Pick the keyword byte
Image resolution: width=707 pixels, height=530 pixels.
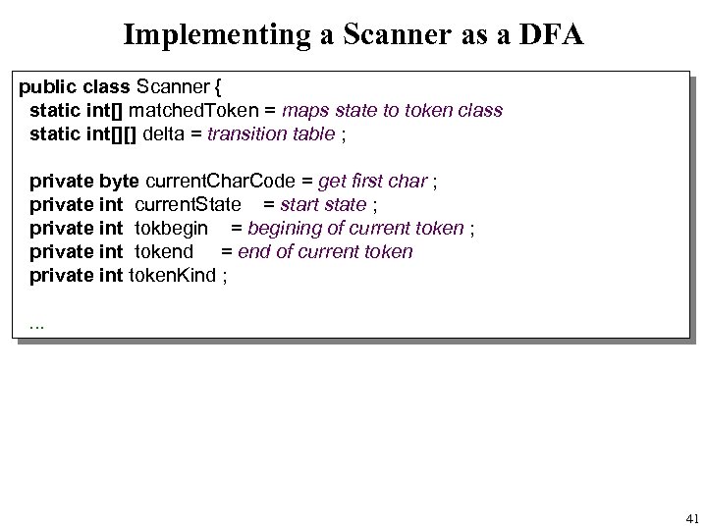coord(121,182)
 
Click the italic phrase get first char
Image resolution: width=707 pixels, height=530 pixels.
coord(373,182)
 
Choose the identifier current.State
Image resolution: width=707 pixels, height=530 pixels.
coord(188,205)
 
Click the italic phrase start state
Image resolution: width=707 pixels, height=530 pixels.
coord(324,205)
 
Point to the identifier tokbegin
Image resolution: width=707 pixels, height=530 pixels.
coord(171,229)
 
